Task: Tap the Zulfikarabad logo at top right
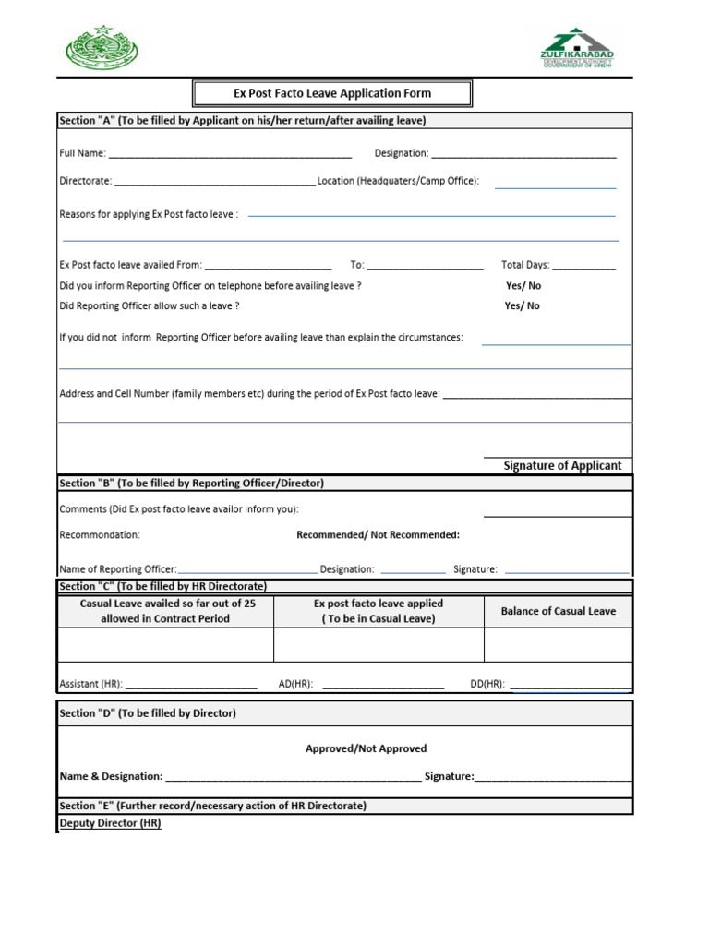click(x=576, y=48)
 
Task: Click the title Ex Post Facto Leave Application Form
click(x=331, y=93)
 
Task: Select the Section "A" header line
click(x=242, y=121)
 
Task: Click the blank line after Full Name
click(x=229, y=153)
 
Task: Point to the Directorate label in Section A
click(x=85, y=181)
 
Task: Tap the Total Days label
click(x=524, y=265)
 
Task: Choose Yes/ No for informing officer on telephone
click(x=523, y=286)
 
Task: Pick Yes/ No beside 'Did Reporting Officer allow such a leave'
click(x=523, y=305)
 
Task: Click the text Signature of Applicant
click(x=562, y=466)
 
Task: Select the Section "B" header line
click(x=191, y=483)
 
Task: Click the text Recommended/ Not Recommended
click(x=378, y=535)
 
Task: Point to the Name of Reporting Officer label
click(x=117, y=569)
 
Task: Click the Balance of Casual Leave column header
click(x=558, y=611)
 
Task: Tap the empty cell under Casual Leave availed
click(x=166, y=645)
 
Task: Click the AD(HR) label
click(x=295, y=684)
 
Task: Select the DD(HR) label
click(x=487, y=684)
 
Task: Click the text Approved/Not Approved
click(x=366, y=748)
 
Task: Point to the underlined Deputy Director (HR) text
click(x=110, y=823)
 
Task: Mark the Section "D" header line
click(x=148, y=713)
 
